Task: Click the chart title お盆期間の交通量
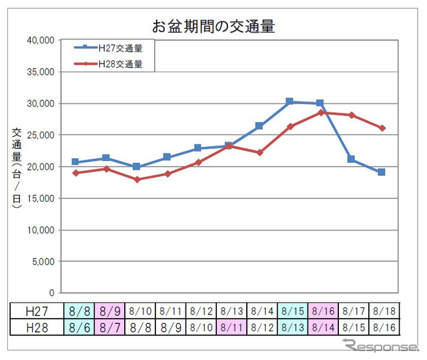coord(213,27)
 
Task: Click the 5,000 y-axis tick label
coord(44,262)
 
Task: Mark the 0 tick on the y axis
coord(51,293)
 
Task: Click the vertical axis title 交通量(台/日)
coord(17,167)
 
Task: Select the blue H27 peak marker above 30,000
coord(290,102)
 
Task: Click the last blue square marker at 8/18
coord(382,172)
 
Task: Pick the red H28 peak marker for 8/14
coord(320,112)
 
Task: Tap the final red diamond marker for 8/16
coord(382,128)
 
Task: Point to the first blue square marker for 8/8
coord(75,162)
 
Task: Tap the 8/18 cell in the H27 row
coord(383,311)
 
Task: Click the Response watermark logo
coord(377,347)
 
